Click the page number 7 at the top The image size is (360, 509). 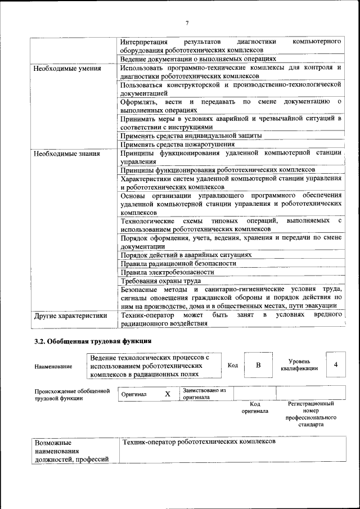coord(187,22)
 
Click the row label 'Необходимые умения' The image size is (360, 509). coord(67,69)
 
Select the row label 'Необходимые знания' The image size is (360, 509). coord(66,153)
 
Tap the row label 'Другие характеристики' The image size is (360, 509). coord(70,316)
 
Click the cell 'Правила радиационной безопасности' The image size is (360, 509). coord(178,263)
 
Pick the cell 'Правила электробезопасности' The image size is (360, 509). coord(167,272)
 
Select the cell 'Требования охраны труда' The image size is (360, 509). coord(161,281)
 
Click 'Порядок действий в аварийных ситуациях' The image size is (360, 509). coord(186,255)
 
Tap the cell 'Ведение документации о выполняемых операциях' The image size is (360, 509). coord(198,58)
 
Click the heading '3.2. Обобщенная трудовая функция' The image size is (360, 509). coord(93,341)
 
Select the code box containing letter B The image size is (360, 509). coord(258,365)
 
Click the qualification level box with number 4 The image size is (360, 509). coord(335,365)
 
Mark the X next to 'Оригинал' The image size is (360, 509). coord(167,394)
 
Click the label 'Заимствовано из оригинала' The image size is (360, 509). coord(204,393)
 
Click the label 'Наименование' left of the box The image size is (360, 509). coord(53,367)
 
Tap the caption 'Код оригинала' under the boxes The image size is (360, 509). coord(254,407)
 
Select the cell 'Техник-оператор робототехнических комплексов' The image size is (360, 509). coord(198,442)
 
